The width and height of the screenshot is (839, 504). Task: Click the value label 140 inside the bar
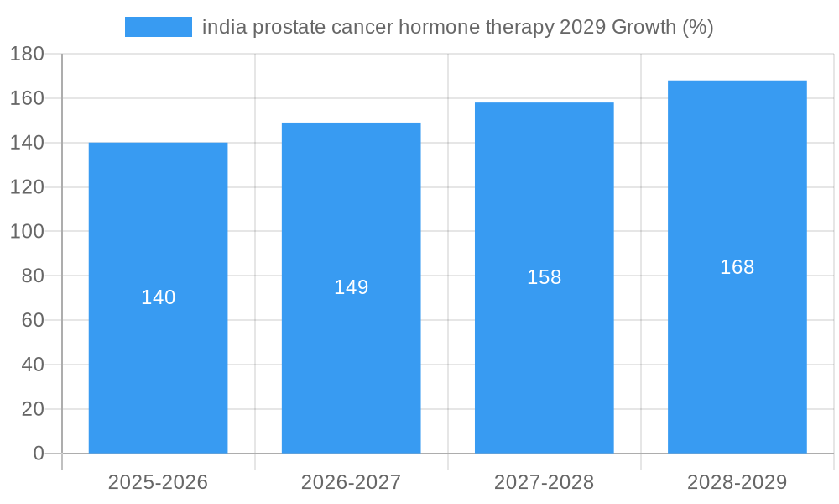[158, 297]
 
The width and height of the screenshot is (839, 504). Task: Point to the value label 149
[351, 287]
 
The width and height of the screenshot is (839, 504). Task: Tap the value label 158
[544, 277]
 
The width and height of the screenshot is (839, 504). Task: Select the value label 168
[737, 267]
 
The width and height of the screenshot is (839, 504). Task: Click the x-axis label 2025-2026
[158, 482]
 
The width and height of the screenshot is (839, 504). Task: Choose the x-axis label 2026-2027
[351, 482]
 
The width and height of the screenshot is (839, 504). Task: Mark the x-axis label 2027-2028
[544, 482]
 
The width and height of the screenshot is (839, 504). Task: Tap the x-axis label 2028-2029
[737, 482]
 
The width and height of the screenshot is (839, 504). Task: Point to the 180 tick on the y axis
[27, 55]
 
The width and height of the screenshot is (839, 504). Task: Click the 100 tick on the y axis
[27, 232]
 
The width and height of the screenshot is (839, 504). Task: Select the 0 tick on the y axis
[38, 454]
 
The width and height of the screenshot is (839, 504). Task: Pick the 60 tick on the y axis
[32, 320]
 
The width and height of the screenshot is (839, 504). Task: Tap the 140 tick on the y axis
[27, 143]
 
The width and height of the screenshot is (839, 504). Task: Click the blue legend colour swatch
[158, 27]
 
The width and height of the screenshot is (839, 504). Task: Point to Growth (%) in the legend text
[662, 27]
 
